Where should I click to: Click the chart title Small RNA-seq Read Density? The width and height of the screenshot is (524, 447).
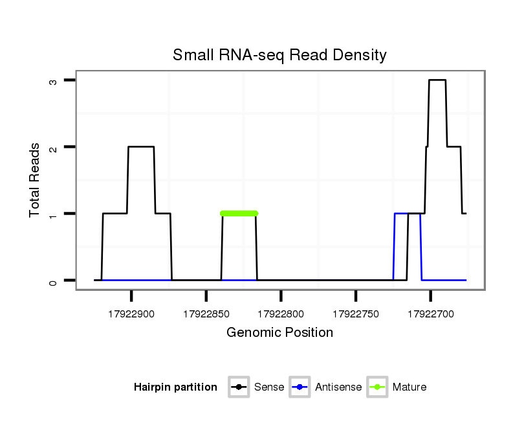click(x=279, y=55)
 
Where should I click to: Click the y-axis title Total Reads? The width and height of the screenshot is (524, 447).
click(x=35, y=180)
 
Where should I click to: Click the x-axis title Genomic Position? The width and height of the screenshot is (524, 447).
click(x=279, y=333)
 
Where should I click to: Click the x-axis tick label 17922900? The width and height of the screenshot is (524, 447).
click(x=131, y=314)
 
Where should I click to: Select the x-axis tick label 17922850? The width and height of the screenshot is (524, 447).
click(x=206, y=314)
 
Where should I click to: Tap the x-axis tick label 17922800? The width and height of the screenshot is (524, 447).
click(x=281, y=314)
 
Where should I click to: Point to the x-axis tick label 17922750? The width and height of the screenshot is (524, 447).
click(x=355, y=314)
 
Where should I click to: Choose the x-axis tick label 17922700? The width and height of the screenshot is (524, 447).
click(x=430, y=314)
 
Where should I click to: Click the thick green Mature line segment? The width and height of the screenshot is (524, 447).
click(x=239, y=213)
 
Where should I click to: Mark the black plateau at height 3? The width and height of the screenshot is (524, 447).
click(x=437, y=80)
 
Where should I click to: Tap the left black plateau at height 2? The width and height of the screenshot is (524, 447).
click(x=141, y=146)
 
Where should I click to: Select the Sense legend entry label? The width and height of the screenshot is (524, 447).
click(x=269, y=387)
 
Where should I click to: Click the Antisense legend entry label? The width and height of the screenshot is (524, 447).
click(x=338, y=387)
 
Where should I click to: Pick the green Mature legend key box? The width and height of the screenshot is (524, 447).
click(x=377, y=387)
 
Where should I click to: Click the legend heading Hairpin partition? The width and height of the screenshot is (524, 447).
click(x=175, y=387)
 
